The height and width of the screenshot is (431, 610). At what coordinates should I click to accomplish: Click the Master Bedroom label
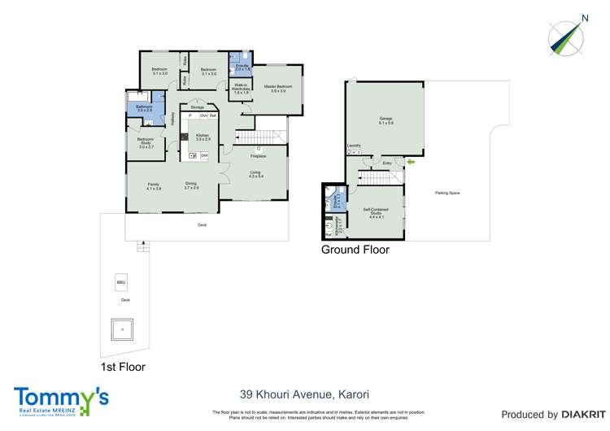[x=278, y=88]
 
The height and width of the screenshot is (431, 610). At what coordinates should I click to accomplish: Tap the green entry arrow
[x=410, y=163]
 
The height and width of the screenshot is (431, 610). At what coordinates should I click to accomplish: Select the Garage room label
[x=386, y=120]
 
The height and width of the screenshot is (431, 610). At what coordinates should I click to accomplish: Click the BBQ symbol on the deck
[x=121, y=282]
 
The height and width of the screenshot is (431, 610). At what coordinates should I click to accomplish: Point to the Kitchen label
[x=203, y=136]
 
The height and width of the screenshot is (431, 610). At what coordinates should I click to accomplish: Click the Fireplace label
[x=259, y=155]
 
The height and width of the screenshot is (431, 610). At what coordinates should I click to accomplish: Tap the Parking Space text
[x=447, y=193]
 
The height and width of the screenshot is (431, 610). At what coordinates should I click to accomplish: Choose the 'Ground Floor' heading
[x=355, y=250]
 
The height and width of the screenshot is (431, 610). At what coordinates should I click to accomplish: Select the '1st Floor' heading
[x=123, y=367]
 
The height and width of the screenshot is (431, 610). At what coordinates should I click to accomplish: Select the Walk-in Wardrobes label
[x=241, y=87]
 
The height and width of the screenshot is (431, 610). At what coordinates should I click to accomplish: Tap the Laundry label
[x=354, y=146]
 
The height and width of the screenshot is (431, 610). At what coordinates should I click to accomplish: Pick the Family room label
[x=153, y=186]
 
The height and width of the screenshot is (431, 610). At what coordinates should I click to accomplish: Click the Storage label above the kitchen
[x=198, y=107]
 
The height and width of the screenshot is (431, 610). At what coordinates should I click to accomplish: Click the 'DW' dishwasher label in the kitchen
[x=204, y=155]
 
